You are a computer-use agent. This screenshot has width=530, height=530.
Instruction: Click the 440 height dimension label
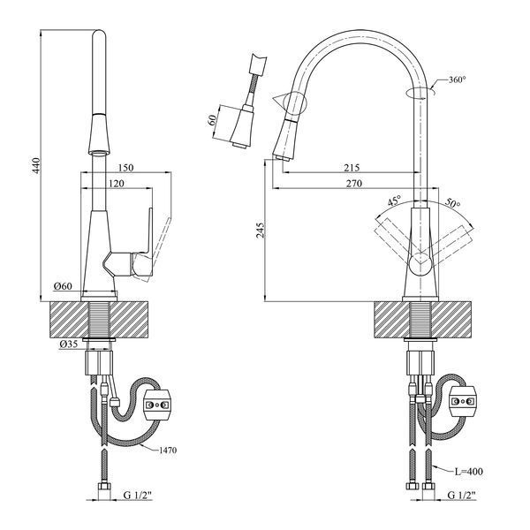[36, 165]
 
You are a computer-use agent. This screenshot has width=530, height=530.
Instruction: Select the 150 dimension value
[126, 167]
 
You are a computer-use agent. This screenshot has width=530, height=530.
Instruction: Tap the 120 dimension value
[117, 183]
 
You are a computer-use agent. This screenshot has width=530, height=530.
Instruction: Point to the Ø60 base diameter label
[64, 286]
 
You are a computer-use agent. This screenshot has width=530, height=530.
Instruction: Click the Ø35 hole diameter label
[69, 344]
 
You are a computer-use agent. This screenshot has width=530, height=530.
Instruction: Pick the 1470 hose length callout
[167, 450]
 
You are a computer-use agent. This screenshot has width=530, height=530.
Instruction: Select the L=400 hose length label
[468, 471]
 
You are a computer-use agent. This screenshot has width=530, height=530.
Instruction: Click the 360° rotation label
[457, 79]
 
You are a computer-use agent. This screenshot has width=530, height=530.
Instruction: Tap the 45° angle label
[395, 201]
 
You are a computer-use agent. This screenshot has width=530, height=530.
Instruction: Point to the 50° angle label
[452, 202]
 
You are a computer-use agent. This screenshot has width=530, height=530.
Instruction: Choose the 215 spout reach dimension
[352, 167]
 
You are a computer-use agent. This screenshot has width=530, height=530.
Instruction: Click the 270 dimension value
[354, 183]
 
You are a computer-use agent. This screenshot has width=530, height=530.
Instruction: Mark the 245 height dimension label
[261, 230]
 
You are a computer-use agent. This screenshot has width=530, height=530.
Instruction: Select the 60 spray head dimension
[212, 120]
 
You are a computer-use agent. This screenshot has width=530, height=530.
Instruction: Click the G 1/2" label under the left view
[138, 496]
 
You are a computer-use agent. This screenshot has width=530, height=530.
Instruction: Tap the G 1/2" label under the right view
[462, 496]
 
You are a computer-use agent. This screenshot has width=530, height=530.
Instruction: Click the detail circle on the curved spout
[295, 103]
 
